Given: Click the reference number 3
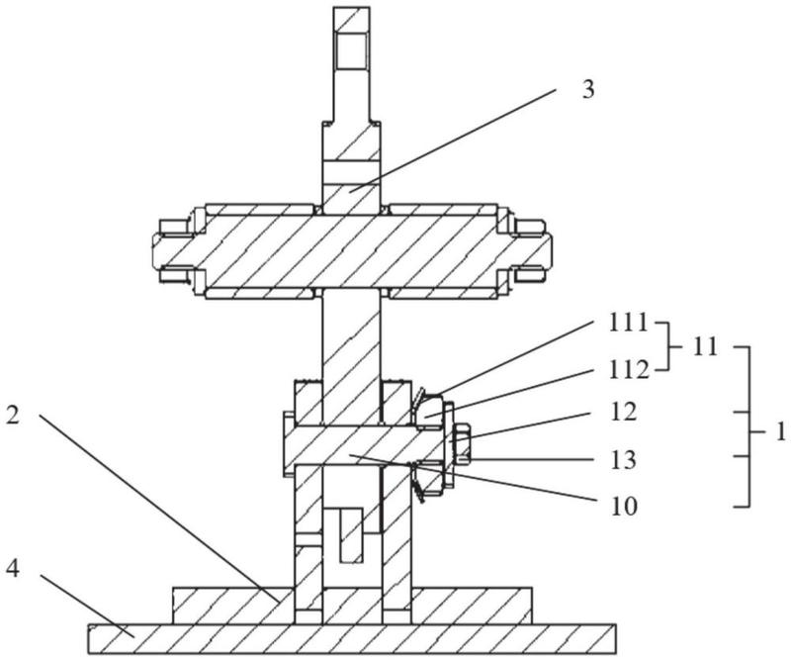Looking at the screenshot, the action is pos(588,90).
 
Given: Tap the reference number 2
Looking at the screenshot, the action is pos(14,415).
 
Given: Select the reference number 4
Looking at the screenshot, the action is pos(13,569).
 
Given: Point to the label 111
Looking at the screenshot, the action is pos(628,324).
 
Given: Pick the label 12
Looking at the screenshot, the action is pos(624,413).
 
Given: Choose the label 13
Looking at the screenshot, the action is pos(624,460).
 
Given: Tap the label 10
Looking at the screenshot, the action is pos(625,507).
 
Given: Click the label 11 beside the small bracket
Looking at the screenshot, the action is pos(704,347).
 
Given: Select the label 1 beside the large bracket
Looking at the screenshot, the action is pos(779,432).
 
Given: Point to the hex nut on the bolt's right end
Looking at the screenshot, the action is pos(463,445).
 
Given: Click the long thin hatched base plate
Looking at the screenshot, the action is pos(352,639).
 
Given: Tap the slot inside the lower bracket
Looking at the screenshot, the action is pos(352,535).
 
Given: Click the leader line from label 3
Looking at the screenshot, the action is pos(453,140).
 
